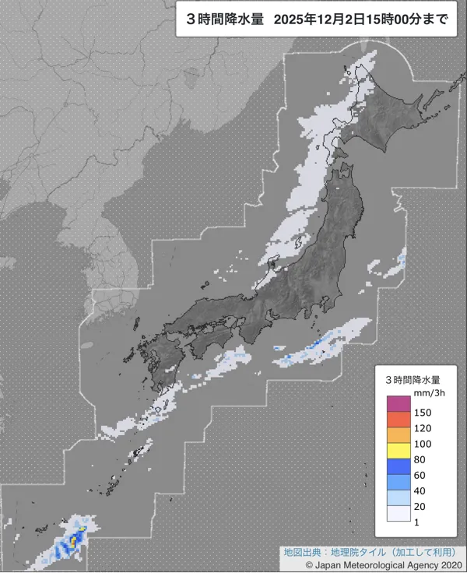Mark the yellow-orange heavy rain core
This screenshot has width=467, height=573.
click(75, 536)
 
